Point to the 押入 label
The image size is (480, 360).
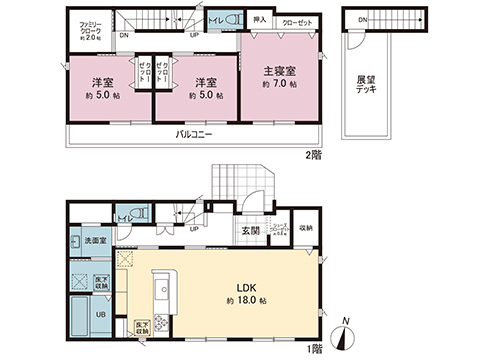tap(258, 19)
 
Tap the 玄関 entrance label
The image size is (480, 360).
tap(250, 232)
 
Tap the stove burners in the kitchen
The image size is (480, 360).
tap(161, 322)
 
